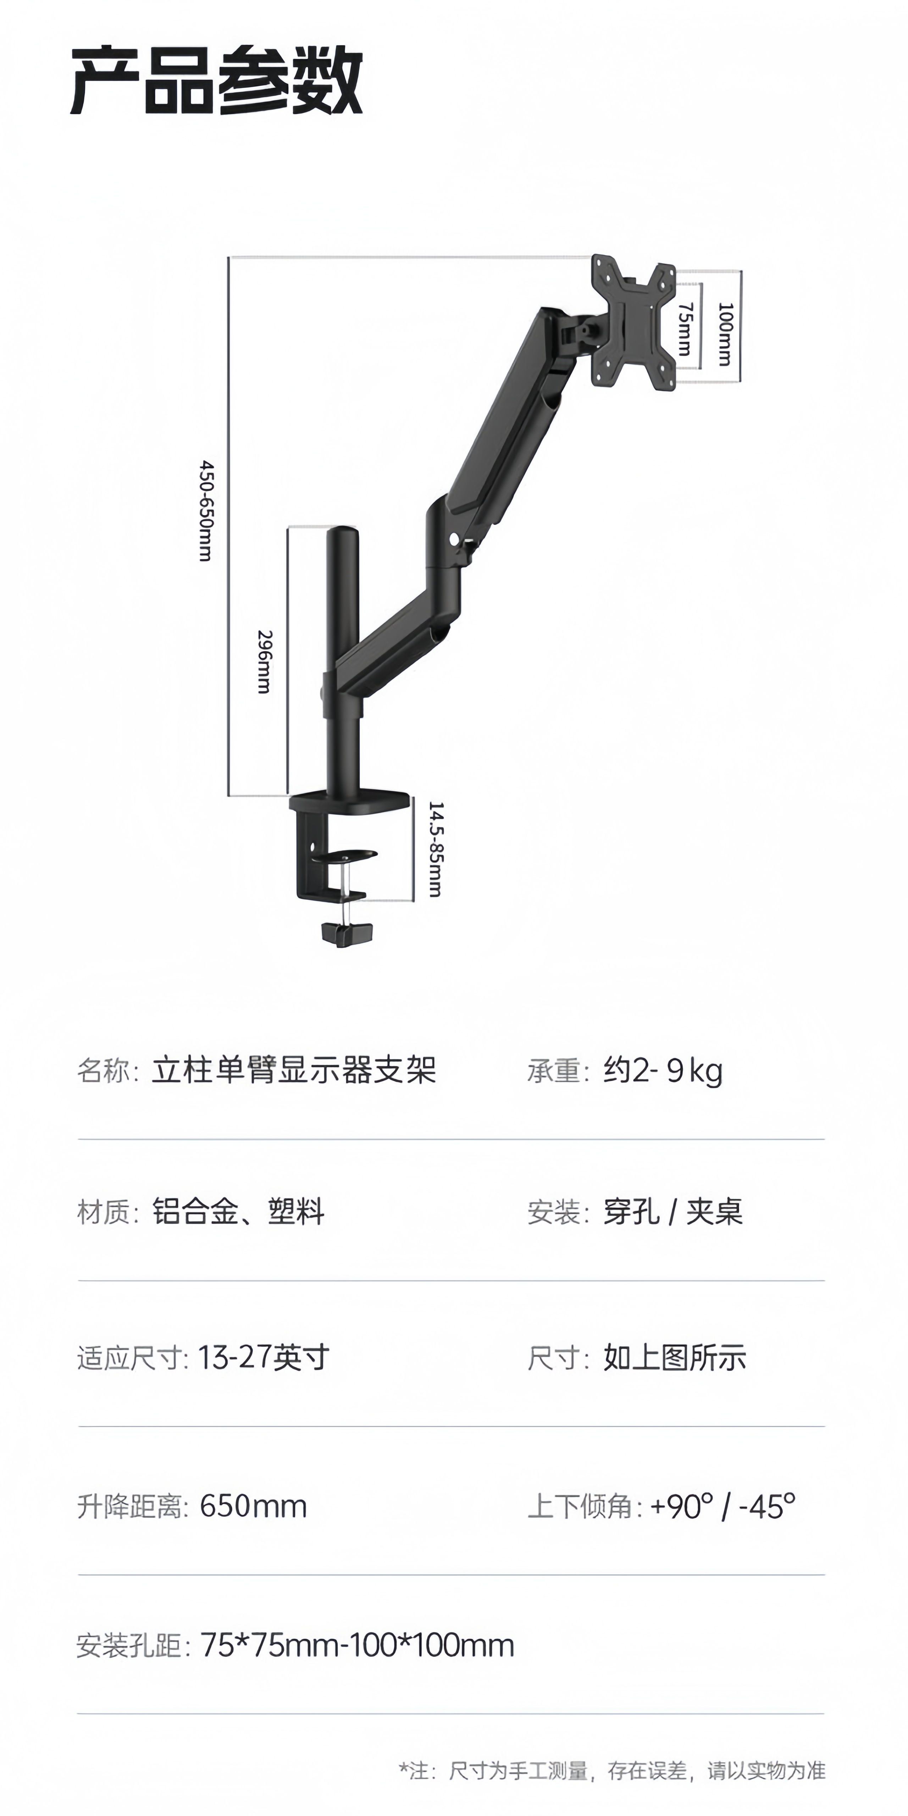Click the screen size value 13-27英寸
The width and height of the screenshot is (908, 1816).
264,1357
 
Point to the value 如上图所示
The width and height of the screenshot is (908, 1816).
675,1357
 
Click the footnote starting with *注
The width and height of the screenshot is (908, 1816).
612,1770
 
